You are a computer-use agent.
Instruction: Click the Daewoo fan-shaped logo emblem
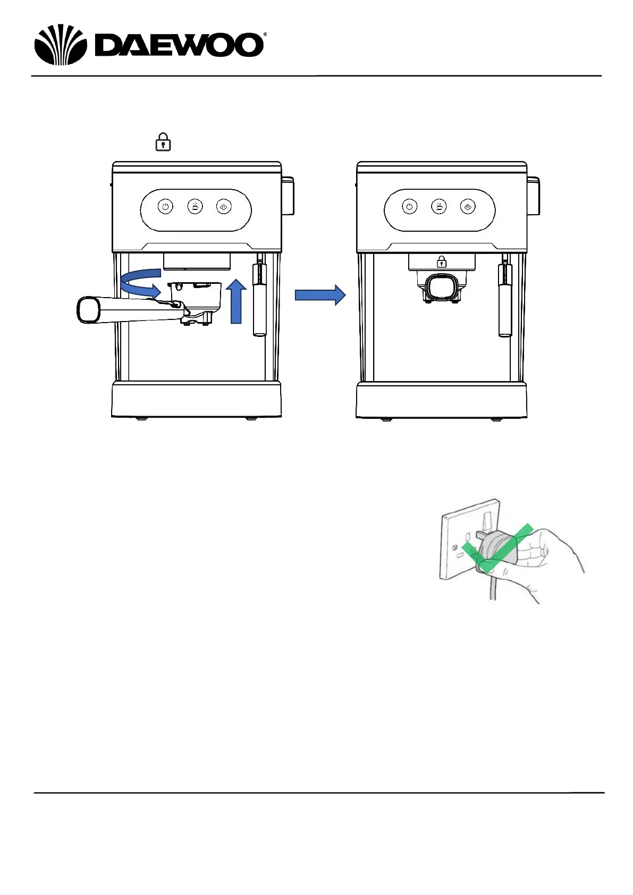point(60,45)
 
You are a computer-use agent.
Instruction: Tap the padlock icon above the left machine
point(163,142)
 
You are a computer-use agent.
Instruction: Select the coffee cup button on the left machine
point(195,206)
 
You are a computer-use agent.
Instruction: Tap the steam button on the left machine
point(224,206)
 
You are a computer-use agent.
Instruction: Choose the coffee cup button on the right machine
point(439,206)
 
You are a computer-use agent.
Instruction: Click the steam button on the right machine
point(468,206)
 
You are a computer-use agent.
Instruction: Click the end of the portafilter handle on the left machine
point(87,310)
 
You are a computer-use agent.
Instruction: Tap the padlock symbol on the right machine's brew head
point(441,261)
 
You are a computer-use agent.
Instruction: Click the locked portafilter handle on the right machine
point(441,287)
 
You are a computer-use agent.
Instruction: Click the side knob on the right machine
point(533,196)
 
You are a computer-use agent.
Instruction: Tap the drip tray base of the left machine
point(196,400)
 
